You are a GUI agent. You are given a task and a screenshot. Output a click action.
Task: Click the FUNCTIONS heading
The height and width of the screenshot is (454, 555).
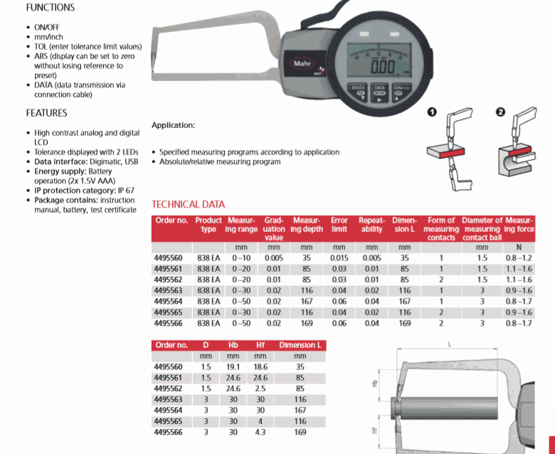pyautogui.click(x=50, y=8)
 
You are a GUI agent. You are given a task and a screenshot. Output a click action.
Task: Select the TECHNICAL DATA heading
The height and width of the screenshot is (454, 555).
pyautogui.click(x=188, y=204)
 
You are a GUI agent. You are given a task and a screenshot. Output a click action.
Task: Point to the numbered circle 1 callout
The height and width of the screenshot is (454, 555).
pyautogui.click(x=431, y=112)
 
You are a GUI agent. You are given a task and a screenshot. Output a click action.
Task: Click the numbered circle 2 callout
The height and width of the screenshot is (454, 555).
pyautogui.click(x=499, y=112)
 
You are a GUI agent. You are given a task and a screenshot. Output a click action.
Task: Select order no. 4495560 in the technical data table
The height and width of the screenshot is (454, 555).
pyautogui.click(x=169, y=258)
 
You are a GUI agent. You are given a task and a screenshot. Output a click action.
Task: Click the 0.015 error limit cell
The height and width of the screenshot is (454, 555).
pyautogui.click(x=339, y=258)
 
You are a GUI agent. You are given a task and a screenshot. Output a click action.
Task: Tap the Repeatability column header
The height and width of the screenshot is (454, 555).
pyautogui.click(x=371, y=225)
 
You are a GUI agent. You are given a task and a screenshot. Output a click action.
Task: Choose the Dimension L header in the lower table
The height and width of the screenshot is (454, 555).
pyautogui.click(x=300, y=345)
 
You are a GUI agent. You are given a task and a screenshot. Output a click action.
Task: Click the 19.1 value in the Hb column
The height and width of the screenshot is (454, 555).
pyautogui.click(x=233, y=367)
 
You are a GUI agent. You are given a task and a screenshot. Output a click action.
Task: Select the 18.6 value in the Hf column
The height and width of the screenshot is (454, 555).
pyautogui.click(x=260, y=367)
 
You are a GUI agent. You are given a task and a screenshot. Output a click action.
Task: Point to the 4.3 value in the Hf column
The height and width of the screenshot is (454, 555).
pyautogui.click(x=260, y=431)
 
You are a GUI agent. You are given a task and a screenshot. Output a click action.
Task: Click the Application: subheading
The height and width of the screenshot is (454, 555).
pyautogui.click(x=173, y=125)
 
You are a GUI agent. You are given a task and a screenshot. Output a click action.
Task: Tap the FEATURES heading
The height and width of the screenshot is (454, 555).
pyautogui.click(x=47, y=112)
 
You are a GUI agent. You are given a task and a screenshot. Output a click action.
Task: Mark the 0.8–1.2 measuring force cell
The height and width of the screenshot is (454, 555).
pyautogui.click(x=518, y=258)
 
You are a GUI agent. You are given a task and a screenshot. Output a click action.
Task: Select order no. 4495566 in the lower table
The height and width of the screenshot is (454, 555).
pyautogui.click(x=169, y=431)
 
